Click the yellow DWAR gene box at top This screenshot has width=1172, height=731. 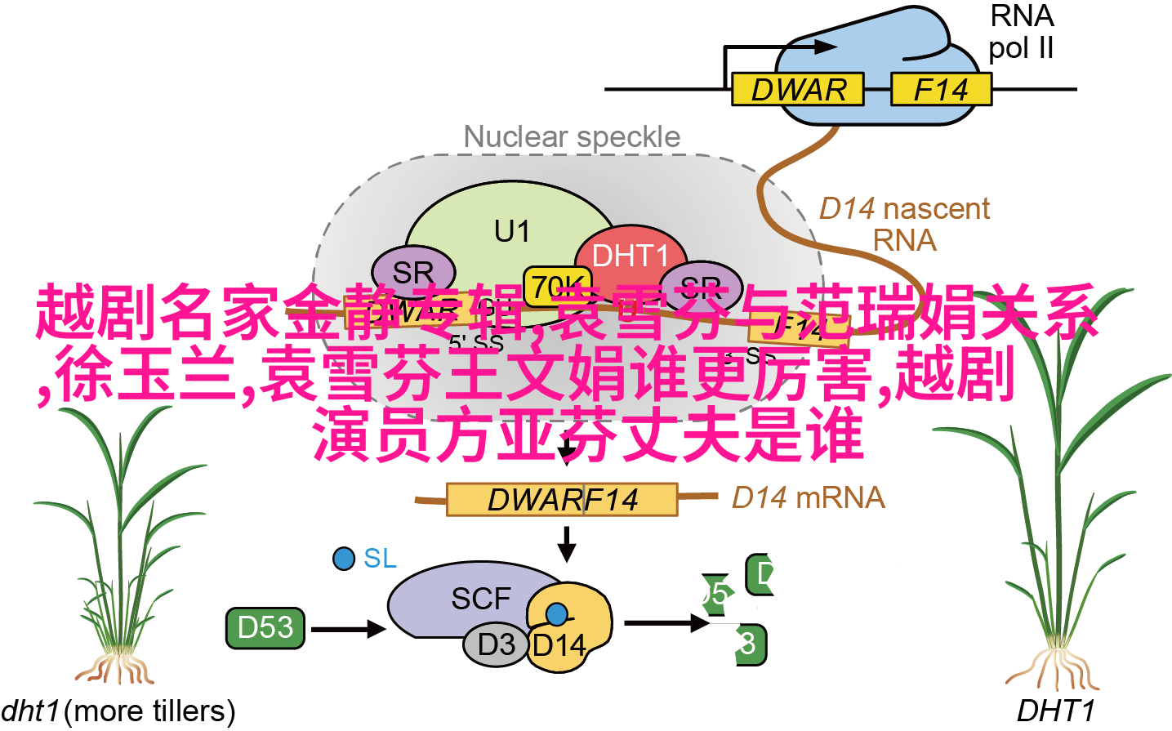tap(796, 90)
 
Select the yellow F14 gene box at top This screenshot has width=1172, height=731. tap(940, 90)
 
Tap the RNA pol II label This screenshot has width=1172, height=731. tap(1021, 33)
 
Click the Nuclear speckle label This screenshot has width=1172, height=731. tap(572, 137)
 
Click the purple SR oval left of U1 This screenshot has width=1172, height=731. tap(412, 270)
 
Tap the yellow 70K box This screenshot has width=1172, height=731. tap(555, 282)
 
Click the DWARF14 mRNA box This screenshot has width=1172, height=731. tap(562, 500)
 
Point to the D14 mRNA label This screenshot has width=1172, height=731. tap(808, 497)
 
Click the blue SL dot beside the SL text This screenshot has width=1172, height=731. tap(344, 559)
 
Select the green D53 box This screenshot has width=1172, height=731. tap(265, 628)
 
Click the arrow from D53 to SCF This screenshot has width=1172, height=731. tap(347, 629)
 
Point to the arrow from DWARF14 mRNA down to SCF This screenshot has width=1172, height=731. tap(566, 542)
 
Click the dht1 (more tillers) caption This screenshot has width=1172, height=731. tap(118, 711)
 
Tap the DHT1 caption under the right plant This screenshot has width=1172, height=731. tap(1054, 711)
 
